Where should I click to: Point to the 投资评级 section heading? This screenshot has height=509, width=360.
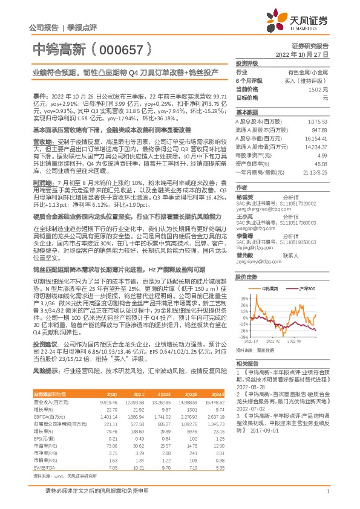(x=247, y=63)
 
